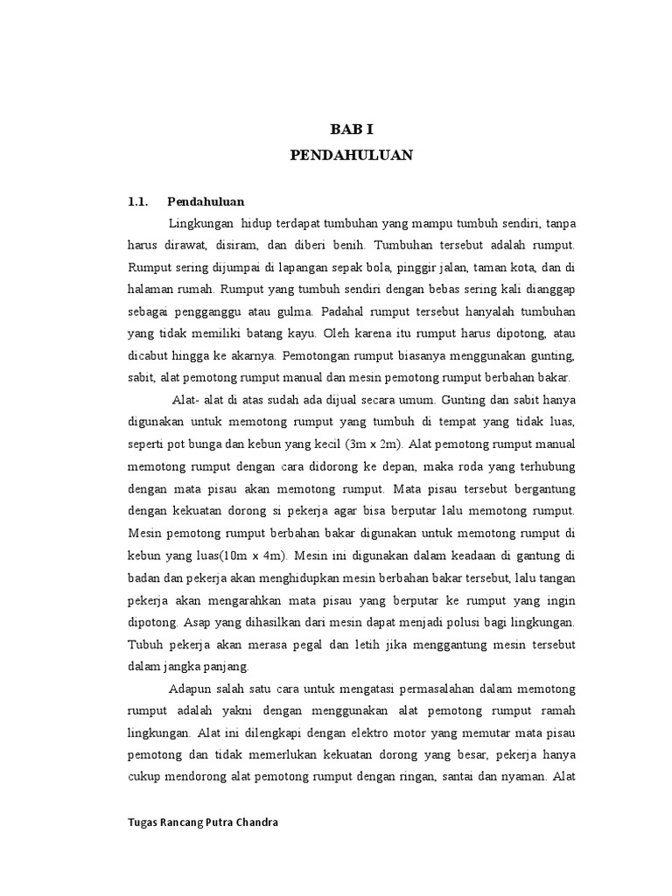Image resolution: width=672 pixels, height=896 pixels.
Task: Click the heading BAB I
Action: tap(351, 129)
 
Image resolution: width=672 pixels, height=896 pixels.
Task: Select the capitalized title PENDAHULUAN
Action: tap(351, 156)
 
